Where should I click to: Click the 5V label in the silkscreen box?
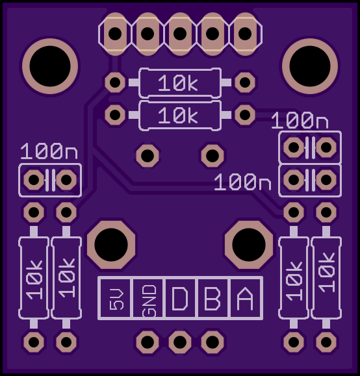[x=116, y=299]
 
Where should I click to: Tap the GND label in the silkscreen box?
[x=149, y=301]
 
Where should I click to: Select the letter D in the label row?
[x=180, y=299]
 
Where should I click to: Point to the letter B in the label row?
[x=212, y=299]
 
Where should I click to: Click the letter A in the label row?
[x=245, y=299]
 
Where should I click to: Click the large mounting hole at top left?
[x=50, y=66]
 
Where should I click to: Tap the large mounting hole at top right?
[x=310, y=66]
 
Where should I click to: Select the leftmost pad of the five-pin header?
[x=115, y=34]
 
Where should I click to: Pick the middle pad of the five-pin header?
[x=180, y=34]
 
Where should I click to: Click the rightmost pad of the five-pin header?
[x=245, y=34]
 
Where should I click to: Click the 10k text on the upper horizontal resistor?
[x=178, y=82]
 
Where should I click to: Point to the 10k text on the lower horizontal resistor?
[x=178, y=115]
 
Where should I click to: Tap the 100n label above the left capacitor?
[x=49, y=151]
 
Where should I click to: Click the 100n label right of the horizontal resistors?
[x=300, y=120]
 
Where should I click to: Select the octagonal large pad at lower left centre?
[x=111, y=245]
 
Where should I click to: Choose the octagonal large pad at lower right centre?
[x=249, y=245]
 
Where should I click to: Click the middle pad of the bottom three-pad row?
[x=180, y=342]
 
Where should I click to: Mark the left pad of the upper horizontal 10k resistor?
[x=115, y=82]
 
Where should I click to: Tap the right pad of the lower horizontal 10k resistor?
[x=245, y=115]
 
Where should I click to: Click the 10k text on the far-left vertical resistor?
[x=34, y=280]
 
